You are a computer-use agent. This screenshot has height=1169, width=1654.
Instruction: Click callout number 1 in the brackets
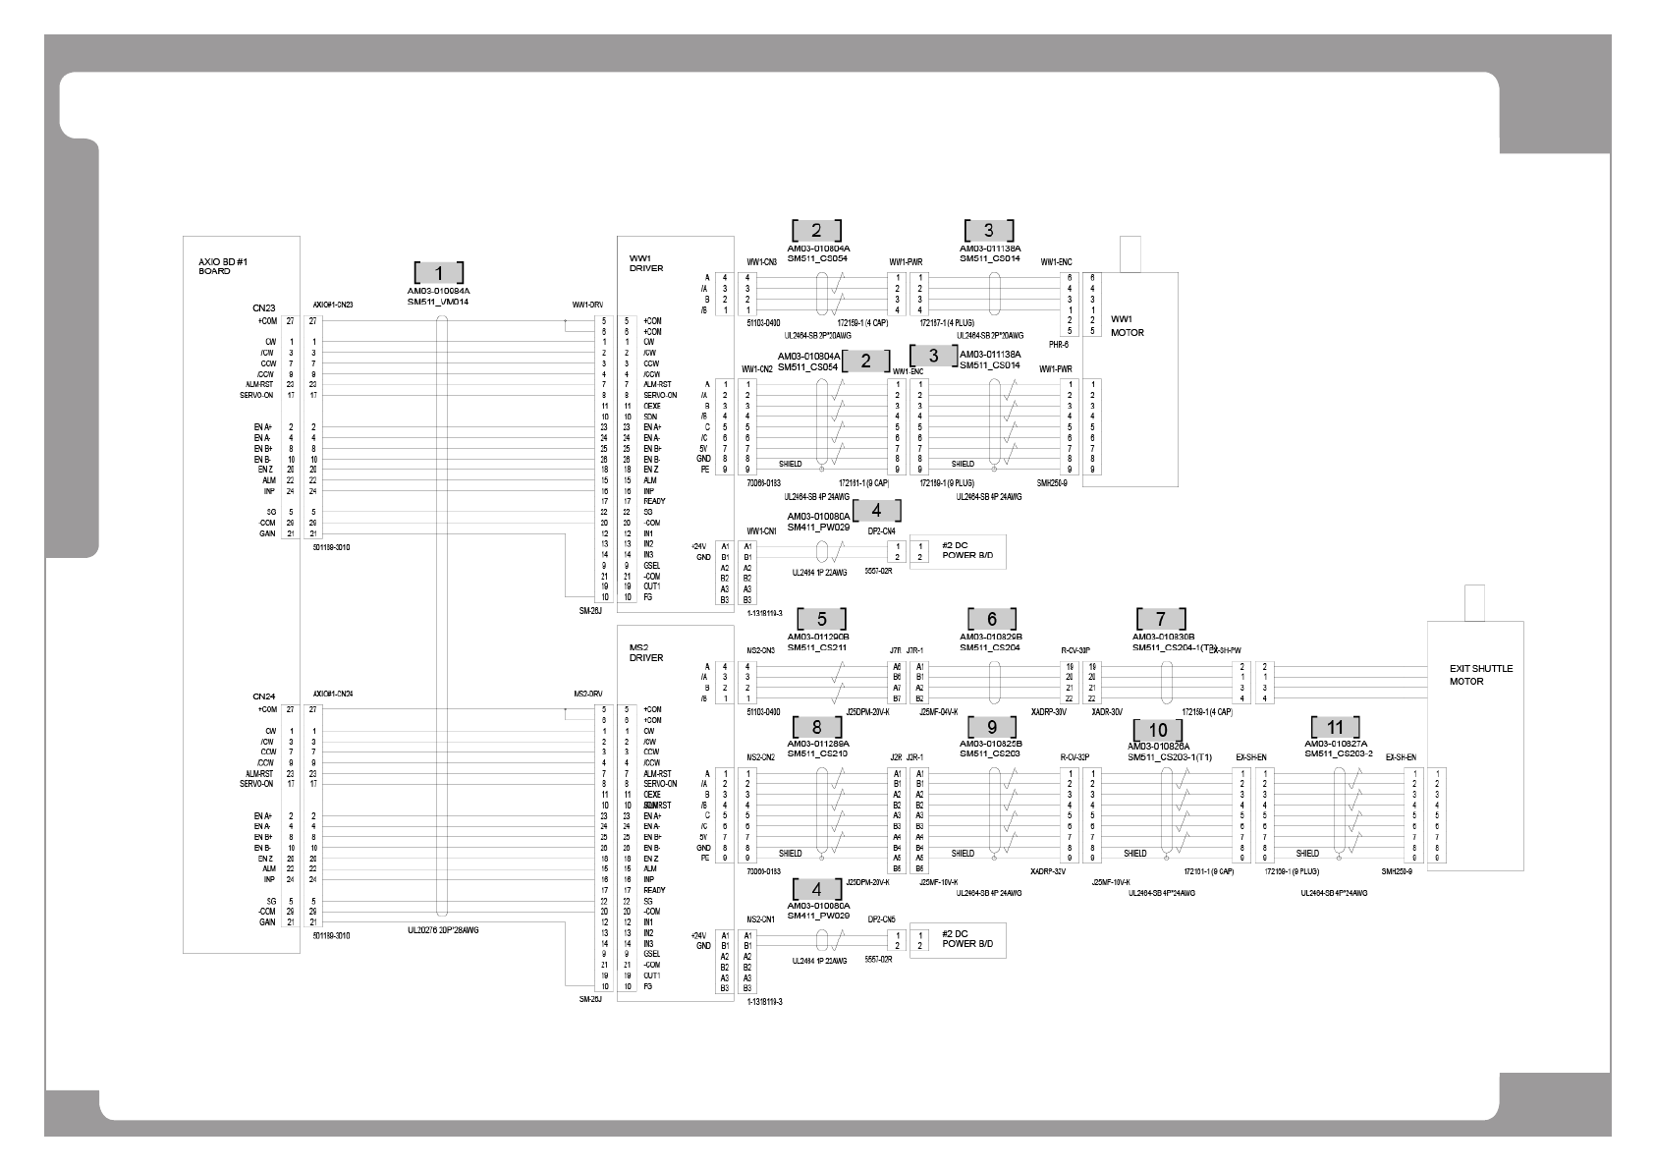pos(438,273)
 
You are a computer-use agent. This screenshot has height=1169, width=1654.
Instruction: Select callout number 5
pos(821,619)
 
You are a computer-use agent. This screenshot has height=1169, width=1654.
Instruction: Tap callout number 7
pos(1161,619)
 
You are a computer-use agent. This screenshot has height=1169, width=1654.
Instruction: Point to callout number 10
pos(1158,730)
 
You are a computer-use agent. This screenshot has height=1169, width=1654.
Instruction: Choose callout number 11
pos(1335,727)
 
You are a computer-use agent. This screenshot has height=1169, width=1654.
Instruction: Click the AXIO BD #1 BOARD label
pos(215,266)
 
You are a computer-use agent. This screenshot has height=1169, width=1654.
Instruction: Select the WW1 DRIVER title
pos(647,262)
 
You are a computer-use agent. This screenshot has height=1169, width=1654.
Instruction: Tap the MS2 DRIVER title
pos(647,652)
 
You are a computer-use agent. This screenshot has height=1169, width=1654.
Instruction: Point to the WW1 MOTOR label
pos(1127,325)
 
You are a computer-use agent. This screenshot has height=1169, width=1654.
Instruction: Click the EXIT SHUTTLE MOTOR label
pos(1481,674)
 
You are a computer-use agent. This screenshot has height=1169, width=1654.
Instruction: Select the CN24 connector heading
pos(262,696)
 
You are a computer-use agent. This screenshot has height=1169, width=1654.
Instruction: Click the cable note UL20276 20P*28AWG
pos(442,929)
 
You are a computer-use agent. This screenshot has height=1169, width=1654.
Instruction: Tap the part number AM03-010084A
pos(438,291)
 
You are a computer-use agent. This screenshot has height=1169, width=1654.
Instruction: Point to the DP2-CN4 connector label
pos(881,530)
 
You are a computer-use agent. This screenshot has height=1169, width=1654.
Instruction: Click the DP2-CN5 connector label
pos(881,919)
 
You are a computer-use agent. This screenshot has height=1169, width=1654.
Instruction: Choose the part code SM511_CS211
pos(817,647)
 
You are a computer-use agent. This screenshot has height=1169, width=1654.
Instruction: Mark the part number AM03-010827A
pos(1336,744)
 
